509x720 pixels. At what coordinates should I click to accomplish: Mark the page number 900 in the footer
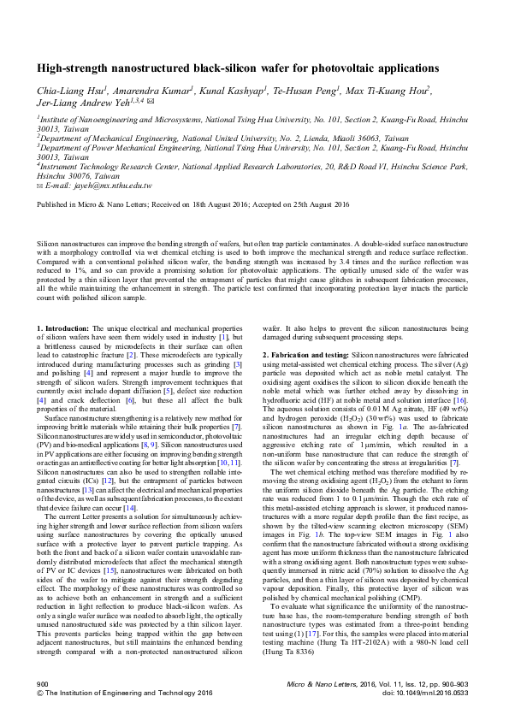pos(43,684)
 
